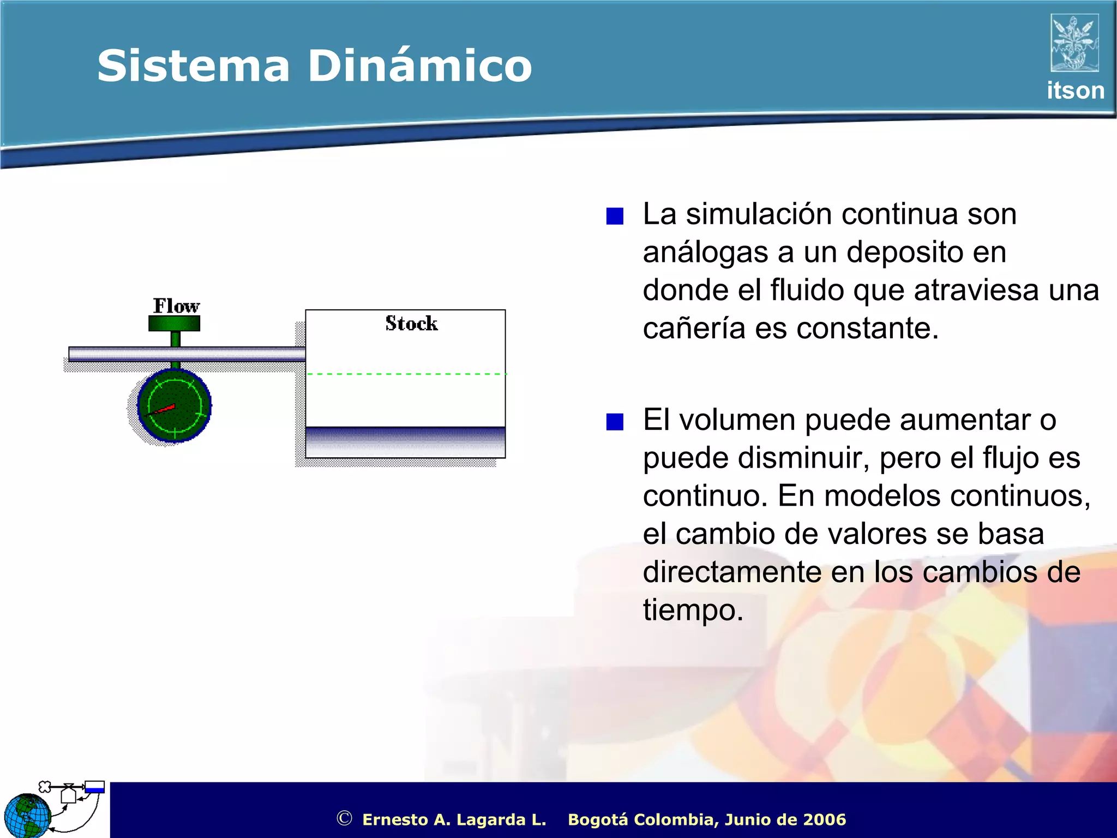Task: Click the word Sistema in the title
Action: coord(193,66)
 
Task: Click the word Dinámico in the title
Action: coord(419,66)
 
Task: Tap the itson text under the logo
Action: coord(1075,91)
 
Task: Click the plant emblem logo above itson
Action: coord(1074,43)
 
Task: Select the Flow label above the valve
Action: coord(176,306)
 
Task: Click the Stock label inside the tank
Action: coord(411,324)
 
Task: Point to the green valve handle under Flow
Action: coord(175,324)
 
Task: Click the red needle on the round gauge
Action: coord(163,409)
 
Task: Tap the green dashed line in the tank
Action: coord(406,374)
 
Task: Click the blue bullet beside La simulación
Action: coord(615,217)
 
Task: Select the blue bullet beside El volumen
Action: coord(615,422)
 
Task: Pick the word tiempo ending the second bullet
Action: coord(693,610)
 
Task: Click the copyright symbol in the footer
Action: coord(344,818)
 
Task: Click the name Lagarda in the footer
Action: coord(491,819)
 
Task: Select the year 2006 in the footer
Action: coord(825,819)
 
